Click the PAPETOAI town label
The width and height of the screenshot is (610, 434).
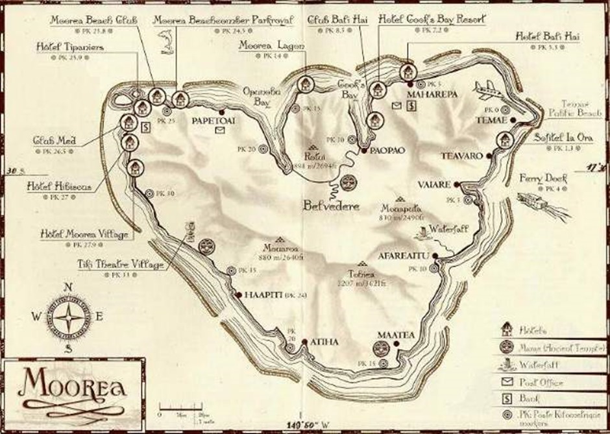click(207, 121)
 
